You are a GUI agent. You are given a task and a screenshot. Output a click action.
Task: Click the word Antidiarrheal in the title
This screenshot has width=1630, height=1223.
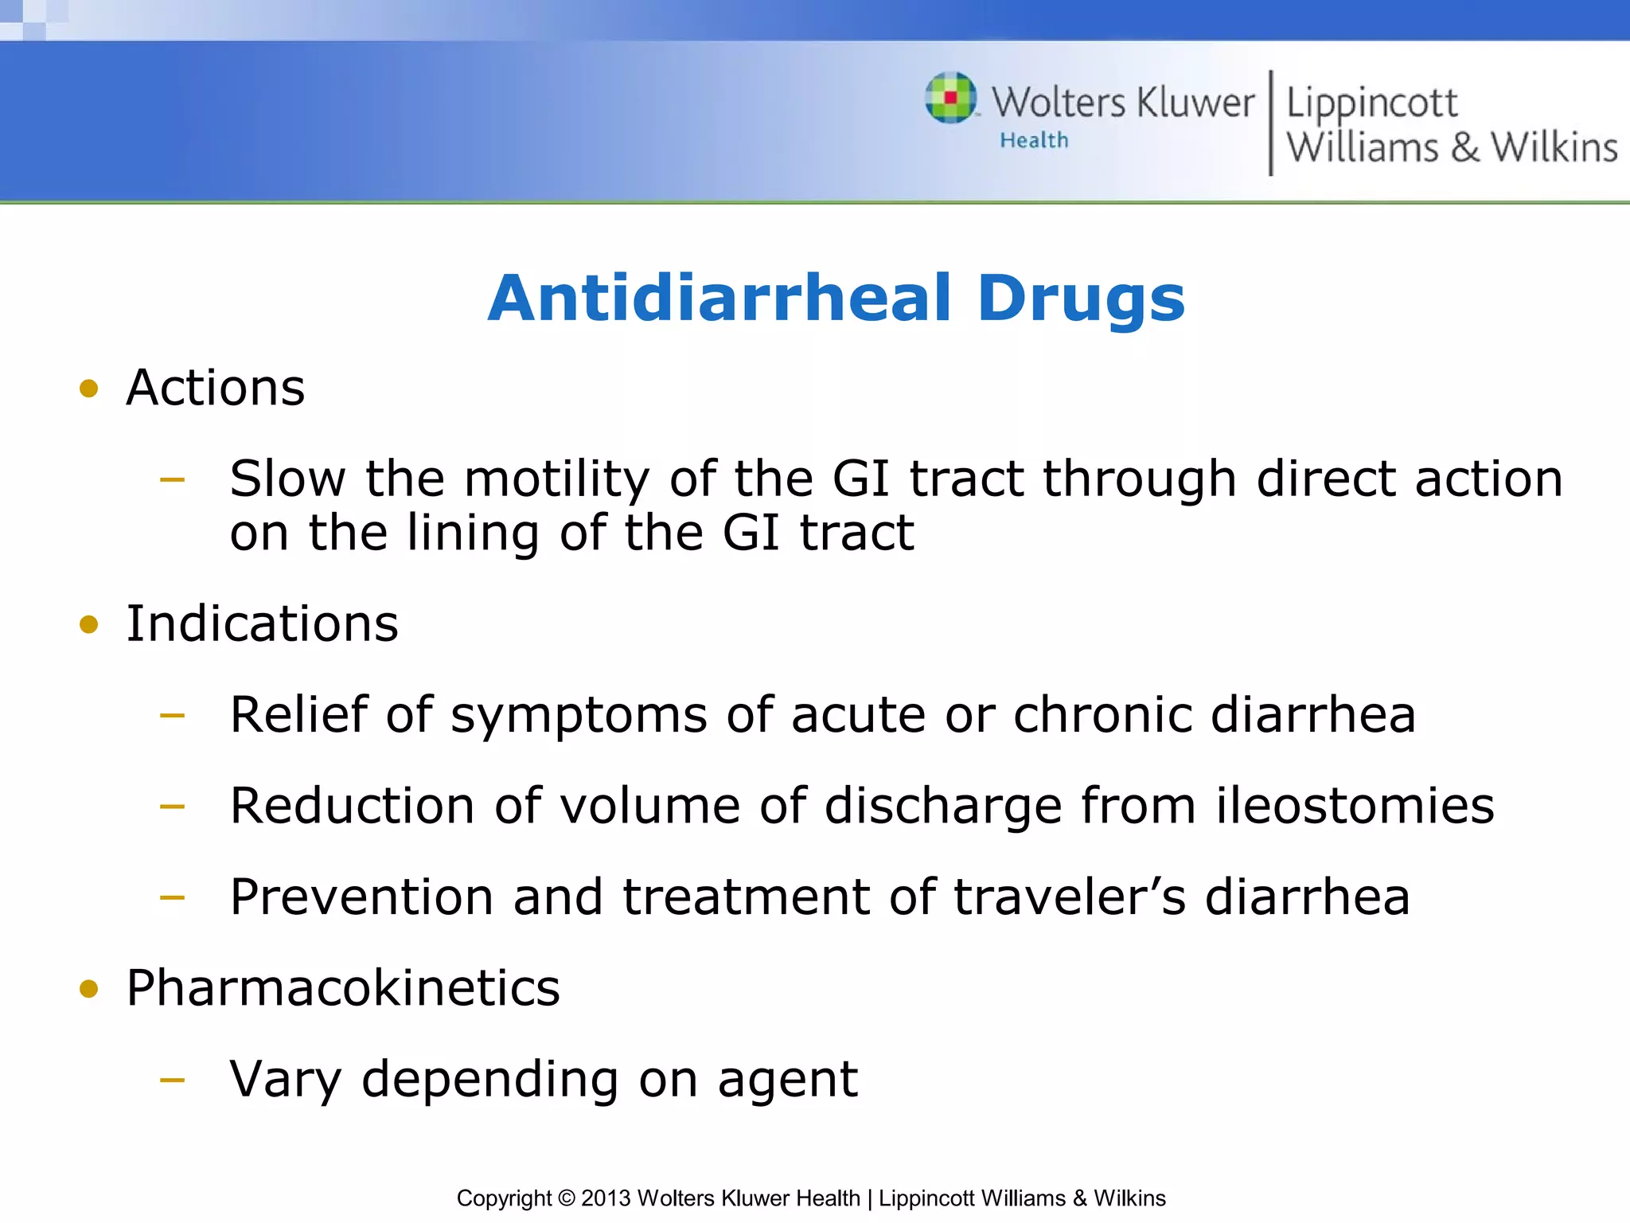(719, 299)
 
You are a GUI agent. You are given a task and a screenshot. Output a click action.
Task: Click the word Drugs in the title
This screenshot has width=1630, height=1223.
(1081, 299)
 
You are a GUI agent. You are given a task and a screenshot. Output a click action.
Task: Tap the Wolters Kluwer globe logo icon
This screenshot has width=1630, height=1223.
(950, 98)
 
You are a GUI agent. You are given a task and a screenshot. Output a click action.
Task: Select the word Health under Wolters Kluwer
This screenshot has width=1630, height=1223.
(1034, 141)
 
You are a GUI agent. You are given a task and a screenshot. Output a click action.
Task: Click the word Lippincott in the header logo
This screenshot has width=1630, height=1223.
(1371, 104)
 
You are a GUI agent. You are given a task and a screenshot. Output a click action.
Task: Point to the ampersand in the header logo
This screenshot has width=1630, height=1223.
(1464, 148)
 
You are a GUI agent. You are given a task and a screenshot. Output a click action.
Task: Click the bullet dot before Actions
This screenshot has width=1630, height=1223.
(89, 389)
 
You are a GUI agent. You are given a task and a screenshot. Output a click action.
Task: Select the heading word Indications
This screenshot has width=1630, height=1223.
(262, 623)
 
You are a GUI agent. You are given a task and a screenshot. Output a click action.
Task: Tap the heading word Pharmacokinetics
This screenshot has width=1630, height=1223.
(343, 988)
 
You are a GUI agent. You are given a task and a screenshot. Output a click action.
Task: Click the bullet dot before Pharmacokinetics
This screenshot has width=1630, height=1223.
(89, 989)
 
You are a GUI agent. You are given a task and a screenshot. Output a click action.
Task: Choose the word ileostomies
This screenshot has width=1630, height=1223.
(1355, 806)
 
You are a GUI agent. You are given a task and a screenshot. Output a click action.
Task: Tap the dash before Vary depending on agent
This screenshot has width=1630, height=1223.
(172, 1080)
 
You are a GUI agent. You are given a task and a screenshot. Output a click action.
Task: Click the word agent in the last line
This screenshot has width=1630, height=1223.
(787, 1081)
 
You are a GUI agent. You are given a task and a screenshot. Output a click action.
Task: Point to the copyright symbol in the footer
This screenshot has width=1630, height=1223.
(566, 1198)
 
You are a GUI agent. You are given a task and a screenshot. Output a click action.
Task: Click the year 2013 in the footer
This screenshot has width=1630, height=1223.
(606, 1198)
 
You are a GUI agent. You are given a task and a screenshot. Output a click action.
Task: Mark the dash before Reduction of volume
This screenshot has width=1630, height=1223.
(172, 807)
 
